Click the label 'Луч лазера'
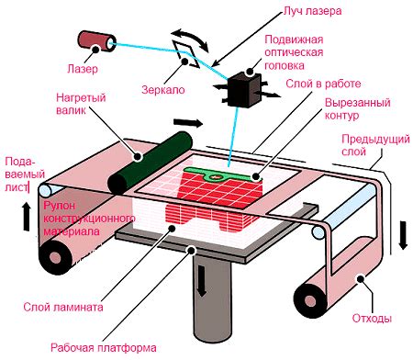(x=312, y=11)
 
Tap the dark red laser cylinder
(x=96, y=40)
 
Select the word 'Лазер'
(x=83, y=69)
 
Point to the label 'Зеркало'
(x=163, y=90)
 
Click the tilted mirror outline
(x=185, y=53)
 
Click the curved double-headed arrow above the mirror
(x=190, y=39)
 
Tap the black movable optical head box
(x=243, y=90)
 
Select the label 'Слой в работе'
(x=323, y=84)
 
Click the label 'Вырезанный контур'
(x=357, y=108)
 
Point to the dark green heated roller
(x=150, y=163)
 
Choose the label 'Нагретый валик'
(x=81, y=104)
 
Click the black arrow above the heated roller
(x=188, y=123)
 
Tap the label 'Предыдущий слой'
(x=375, y=145)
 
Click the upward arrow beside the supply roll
(x=27, y=217)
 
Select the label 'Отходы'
(x=372, y=318)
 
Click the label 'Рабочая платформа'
(x=104, y=348)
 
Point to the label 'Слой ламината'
(x=63, y=307)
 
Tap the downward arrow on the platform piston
(x=201, y=281)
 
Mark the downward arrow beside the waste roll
(x=403, y=235)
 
